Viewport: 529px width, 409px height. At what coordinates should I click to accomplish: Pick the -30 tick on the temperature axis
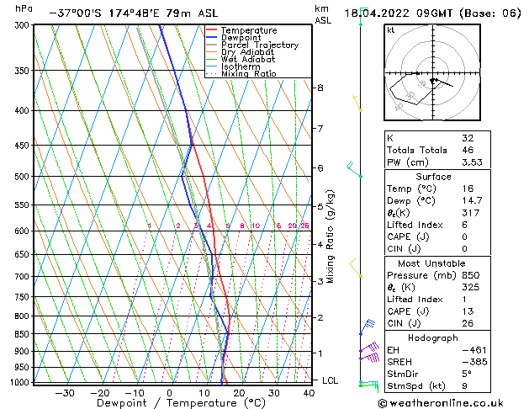pos(65,393)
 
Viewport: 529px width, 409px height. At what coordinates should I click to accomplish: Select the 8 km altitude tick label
pos(320,88)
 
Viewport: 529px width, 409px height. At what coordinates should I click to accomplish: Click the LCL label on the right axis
pos(331,380)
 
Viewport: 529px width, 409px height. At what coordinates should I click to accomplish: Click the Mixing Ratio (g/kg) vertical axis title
pos(331,236)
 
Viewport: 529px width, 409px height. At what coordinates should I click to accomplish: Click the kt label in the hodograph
pos(391,30)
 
